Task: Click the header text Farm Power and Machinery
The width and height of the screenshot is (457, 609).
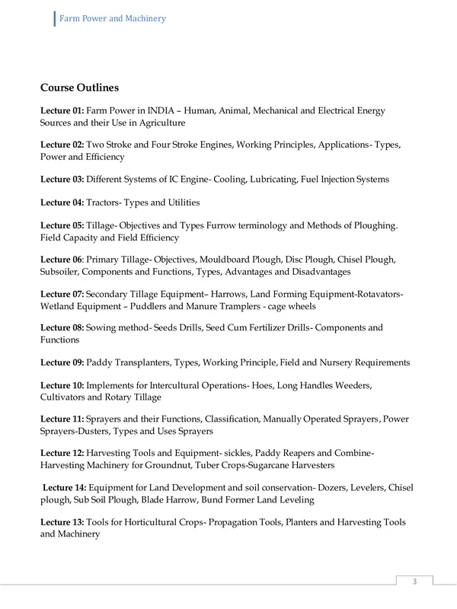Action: (x=113, y=18)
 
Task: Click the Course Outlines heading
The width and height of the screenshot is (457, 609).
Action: (x=79, y=88)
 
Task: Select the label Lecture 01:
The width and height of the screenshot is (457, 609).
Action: (x=62, y=111)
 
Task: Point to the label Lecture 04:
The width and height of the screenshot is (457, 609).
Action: (x=62, y=202)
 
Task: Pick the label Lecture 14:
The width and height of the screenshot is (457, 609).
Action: (x=65, y=487)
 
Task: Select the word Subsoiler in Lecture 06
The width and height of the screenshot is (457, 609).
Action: (x=59, y=271)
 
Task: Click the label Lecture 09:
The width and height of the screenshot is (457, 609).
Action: (x=62, y=362)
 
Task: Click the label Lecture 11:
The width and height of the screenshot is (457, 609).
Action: (x=62, y=419)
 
